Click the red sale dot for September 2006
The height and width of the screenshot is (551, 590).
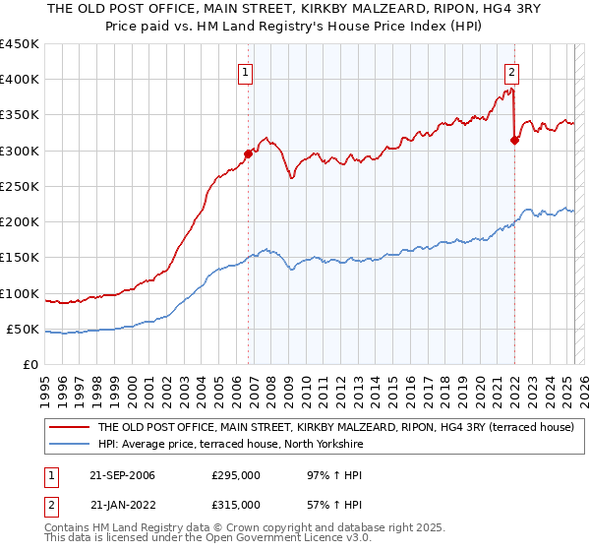(248, 153)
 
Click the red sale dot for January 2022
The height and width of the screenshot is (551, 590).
(514, 140)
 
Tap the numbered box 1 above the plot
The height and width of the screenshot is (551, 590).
(244, 71)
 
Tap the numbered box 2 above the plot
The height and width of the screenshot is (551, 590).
(512, 71)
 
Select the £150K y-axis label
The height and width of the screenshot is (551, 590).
(20, 258)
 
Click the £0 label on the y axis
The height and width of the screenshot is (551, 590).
(30, 365)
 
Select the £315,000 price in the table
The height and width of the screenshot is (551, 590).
(236, 504)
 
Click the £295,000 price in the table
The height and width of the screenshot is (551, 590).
(236, 476)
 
